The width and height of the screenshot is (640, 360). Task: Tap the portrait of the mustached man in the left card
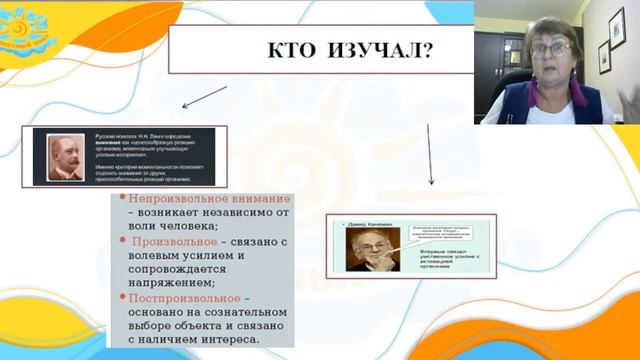[x=67, y=156]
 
